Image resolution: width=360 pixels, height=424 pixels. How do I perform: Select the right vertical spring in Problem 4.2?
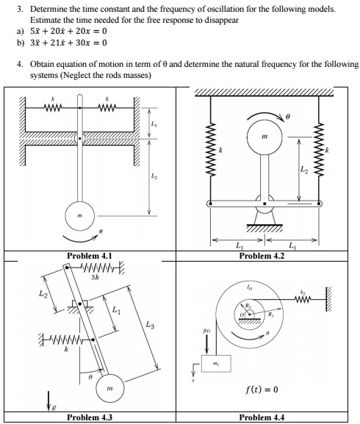318,154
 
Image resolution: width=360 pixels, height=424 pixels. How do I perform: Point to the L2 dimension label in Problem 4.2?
304,170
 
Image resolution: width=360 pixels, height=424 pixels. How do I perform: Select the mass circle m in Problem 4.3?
108,386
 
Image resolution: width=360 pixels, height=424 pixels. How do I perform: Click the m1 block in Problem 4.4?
217,367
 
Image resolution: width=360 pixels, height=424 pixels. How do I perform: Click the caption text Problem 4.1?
89,256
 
